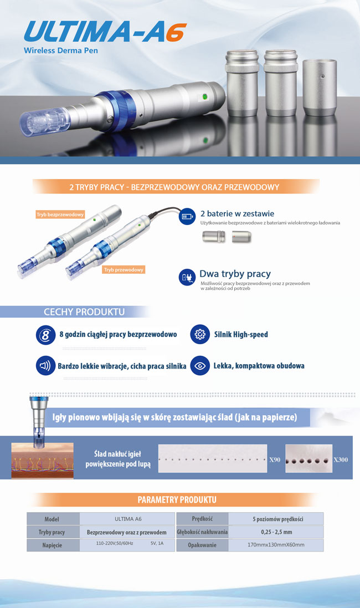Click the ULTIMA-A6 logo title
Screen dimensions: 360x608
[x=105, y=32]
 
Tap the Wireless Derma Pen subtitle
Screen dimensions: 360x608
[x=61, y=50]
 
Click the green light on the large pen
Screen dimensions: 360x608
[x=205, y=96]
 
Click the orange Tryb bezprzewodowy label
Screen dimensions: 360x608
[x=60, y=214]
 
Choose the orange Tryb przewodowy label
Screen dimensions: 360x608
[x=124, y=269]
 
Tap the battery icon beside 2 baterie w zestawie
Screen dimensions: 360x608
[x=187, y=216]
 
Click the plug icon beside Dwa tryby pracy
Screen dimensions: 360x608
[x=187, y=277]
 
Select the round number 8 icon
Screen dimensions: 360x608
[x=45, y=335]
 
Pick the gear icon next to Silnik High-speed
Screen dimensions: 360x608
[x=200, y=334]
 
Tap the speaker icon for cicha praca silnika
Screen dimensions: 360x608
[x=45, y=366]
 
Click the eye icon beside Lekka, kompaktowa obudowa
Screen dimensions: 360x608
[x=200, y=366]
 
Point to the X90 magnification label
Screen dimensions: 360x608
[x=275, y=459]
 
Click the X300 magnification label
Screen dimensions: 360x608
[x=341, y=459]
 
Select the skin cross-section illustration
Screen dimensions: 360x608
[x=42, y=461]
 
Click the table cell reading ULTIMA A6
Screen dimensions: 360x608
[x=127, y=519]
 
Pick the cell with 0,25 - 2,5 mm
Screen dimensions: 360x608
[x=276, y=532]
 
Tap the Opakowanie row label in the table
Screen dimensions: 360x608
[x=202, y=545]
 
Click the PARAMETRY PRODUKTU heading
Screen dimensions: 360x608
[x=177, y=500]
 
